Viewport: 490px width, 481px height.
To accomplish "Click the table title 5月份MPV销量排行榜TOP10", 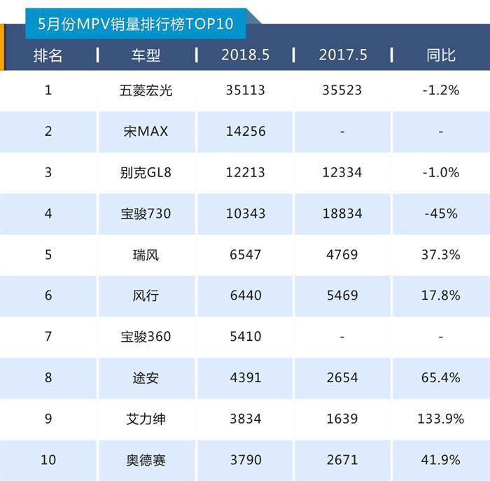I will (136, 25).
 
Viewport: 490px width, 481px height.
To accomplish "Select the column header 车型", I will (146, 55).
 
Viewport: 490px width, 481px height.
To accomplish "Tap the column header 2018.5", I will (245, 55).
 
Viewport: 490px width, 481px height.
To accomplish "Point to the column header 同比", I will (441, 55).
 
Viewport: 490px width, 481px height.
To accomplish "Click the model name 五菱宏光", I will (146, 90).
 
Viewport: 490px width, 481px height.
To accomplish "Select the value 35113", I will (245, 90).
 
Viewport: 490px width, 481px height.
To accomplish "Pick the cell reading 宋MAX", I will (146, 131).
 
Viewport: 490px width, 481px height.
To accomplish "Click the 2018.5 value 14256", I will (245, 131).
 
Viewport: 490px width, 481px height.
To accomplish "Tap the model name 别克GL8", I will (146, 172).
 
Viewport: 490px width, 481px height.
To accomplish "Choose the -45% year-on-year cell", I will (441, 214).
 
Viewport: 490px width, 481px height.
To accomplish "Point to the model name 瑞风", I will (146, 255).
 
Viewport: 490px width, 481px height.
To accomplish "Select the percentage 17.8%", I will (441, 295).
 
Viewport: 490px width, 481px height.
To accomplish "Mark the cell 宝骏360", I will (146, 337).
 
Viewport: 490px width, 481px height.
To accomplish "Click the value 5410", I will (245, 337).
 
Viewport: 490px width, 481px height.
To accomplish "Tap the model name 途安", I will (146, 378).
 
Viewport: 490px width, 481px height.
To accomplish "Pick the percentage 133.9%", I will (441, 419).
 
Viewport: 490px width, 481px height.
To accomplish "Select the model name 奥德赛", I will (146, 460).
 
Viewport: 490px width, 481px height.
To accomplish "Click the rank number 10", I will (48, 460).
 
